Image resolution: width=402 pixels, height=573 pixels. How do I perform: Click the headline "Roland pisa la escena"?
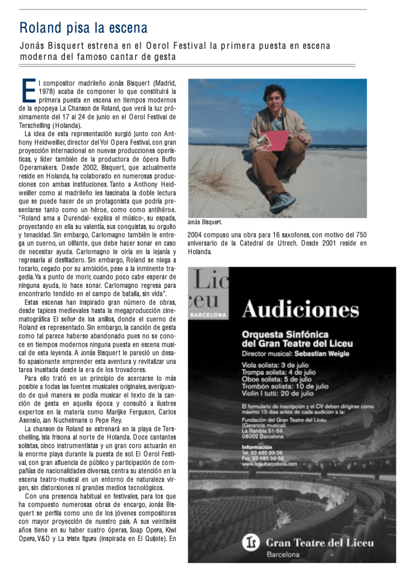pos(83,27)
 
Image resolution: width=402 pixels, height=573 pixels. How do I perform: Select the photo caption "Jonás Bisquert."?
pos(205,222)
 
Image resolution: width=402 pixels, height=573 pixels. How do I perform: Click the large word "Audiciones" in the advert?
pos(301,309)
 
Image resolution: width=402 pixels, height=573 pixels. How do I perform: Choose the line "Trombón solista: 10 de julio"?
pos(285,386)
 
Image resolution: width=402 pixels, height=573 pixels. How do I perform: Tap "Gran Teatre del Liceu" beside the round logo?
pos(319,542)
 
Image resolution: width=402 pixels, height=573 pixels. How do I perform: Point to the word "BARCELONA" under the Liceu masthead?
pos(208,315)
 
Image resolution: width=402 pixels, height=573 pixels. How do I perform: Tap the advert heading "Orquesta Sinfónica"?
pos(285,334)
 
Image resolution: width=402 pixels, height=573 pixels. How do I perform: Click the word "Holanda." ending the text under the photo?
pos(200,251)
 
